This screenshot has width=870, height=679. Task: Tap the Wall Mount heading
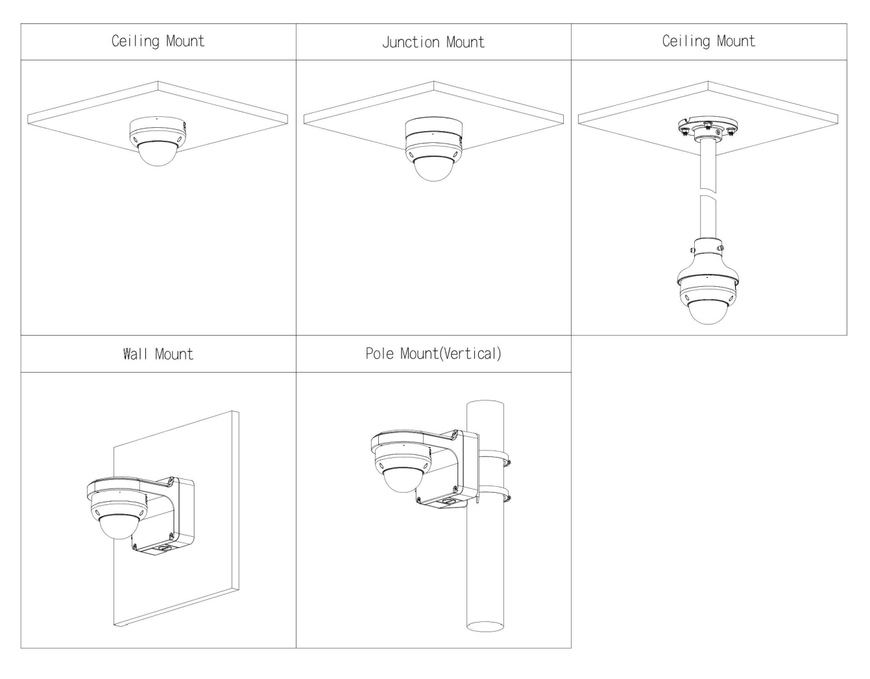click(x=158, y=354)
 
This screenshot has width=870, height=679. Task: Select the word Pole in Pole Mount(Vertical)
click(x=380, y=354)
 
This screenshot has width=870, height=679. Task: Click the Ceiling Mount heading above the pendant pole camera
click(x=708, y=42)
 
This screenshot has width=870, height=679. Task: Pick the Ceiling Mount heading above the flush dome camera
click(x=158, y=42)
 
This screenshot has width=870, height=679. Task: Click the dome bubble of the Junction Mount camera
click(x=433, y=168)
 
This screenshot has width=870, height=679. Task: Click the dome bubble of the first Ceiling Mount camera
click(x=158, y=154)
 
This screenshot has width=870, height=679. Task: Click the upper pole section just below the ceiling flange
click(x=708, y=166)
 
